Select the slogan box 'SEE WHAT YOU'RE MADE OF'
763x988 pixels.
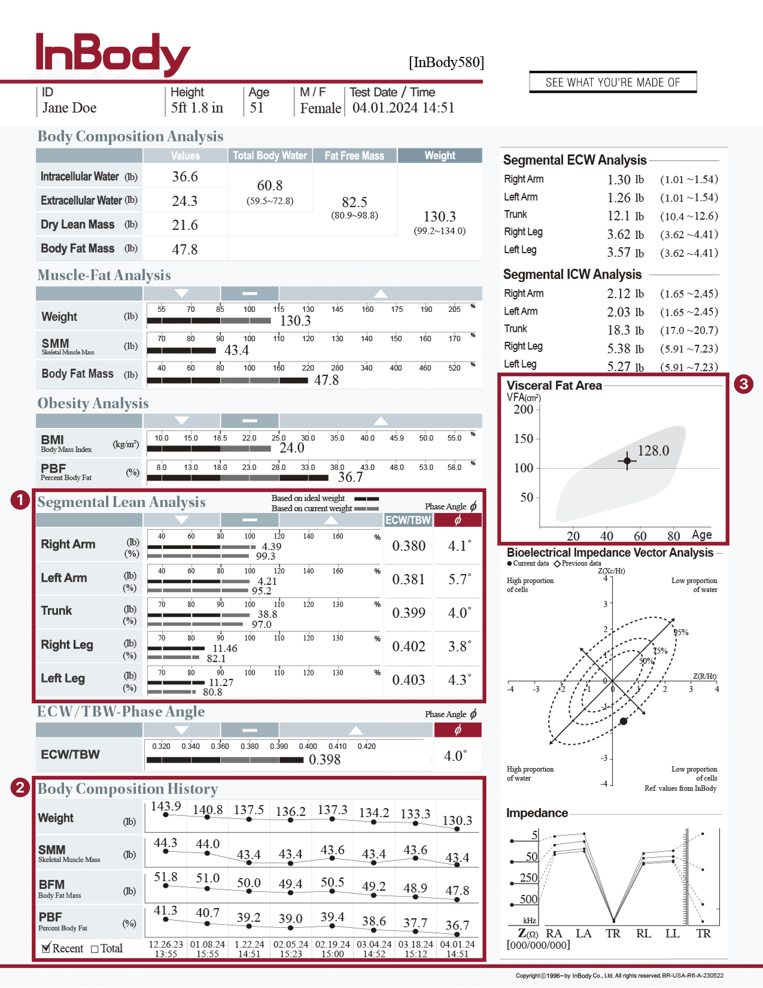pos(612,82)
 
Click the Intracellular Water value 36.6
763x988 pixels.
pos(185,176)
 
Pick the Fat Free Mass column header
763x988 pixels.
pos(354,156)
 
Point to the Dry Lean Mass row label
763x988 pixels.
pos(78,224)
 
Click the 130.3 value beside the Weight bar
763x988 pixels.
pos(295,321)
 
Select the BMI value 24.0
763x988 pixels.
pos(292,448)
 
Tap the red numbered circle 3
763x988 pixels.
pos(743,384)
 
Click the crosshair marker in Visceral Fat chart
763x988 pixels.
pos(627,461)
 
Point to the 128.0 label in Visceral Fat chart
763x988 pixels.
pos(653,450)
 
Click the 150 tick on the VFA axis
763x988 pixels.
pos(523,439)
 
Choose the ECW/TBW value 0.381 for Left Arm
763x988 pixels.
pos(408,579)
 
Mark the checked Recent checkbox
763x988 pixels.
pos(46,948)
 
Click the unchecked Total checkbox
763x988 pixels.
pos(95,949)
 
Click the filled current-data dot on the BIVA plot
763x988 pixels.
pos(623,721)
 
